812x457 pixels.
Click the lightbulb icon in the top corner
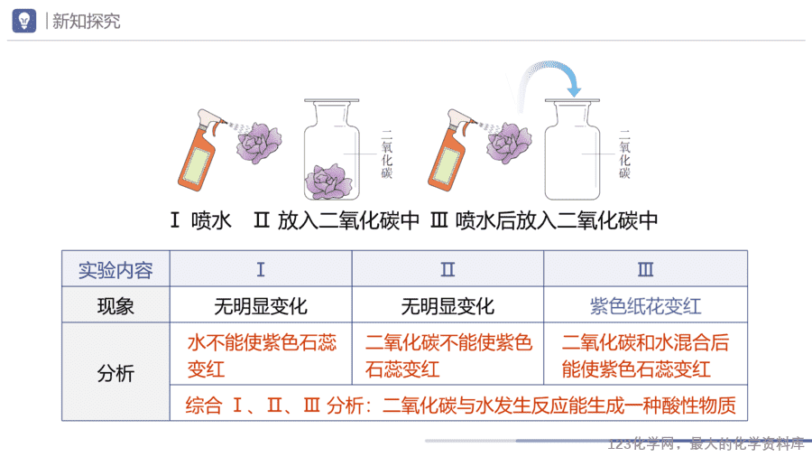[23, 21]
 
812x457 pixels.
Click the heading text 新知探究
[86, 22]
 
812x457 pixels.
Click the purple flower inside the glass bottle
[328, 182]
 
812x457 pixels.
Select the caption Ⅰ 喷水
[201, 220]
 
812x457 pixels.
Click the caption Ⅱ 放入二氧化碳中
[337, 220]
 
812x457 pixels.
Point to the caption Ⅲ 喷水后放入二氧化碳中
[544, 220]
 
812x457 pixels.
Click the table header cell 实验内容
[115, 270]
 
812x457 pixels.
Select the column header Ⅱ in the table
[448, 269]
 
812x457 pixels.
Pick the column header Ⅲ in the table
[645, 269]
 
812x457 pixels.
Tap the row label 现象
[115, 305]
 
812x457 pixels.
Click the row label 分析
[115, 372]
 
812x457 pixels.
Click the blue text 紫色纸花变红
[645, 306]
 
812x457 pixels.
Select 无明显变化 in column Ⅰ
[261, 306]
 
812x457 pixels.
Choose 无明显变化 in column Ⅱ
[448, 306]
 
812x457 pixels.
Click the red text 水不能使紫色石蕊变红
[262, 356]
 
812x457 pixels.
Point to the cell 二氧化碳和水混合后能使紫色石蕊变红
[645, 356]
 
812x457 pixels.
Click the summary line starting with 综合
[460, 406]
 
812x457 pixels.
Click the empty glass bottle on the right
[572, 149]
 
